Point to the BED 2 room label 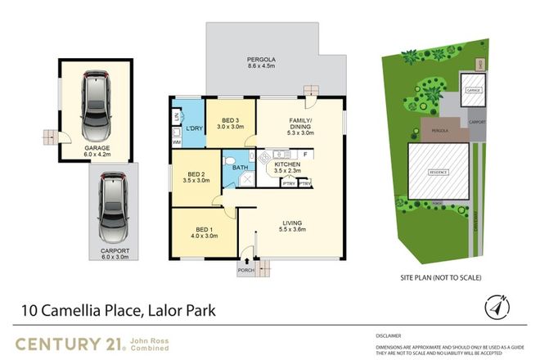click(196, 174)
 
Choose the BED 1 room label click(205, 230)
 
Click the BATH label click(241, 169)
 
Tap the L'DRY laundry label click(194, 128)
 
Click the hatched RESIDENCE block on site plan click(440, 173)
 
